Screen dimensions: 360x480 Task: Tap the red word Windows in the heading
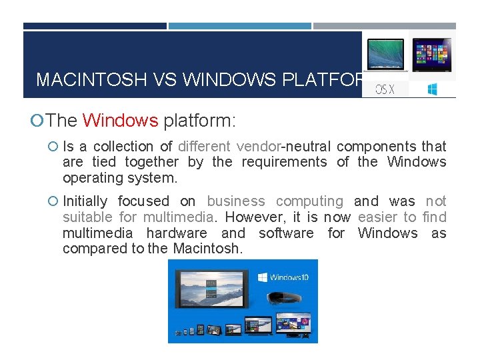point(120,121)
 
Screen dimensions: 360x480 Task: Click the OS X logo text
point(385,89)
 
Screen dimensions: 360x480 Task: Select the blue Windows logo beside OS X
point(432,89)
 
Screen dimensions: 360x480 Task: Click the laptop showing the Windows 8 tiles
point(432,55)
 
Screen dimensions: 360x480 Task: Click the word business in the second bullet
point(235,201)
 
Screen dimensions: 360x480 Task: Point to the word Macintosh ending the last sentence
point(208,249)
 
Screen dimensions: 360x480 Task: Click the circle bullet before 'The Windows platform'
point(39,121)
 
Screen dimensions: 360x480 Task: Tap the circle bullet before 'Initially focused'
point(53,201)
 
